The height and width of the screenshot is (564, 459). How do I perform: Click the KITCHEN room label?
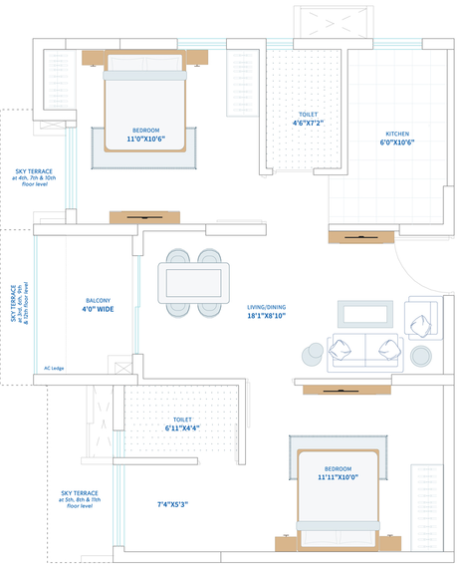click(397, 134)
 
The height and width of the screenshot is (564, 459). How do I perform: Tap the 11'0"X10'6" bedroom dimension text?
click(146, 139)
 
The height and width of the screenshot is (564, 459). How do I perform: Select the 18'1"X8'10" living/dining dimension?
click(267, 316)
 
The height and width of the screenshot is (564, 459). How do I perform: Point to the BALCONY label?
click(99, 301)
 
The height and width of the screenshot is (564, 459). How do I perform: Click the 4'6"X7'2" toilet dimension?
click(308, 123)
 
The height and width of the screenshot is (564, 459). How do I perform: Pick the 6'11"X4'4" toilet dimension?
click(182, 428)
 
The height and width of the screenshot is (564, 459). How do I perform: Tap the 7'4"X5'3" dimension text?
click(172, 504)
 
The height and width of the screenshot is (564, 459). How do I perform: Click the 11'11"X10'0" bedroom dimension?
click(338, 477)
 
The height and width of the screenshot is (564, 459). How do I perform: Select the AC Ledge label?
click(54, 369)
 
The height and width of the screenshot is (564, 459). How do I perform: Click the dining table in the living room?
click(194, 283)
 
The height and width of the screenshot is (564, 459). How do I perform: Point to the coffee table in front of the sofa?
click(365, 314)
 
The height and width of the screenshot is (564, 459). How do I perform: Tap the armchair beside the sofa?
click(423, 318)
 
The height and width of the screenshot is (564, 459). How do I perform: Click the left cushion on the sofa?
click(340, 350)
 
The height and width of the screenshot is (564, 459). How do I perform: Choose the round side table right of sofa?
click(421, 356)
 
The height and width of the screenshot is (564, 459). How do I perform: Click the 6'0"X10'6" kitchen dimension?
click(397, 142)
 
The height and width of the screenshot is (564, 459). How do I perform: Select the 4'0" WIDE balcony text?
click(98, 309)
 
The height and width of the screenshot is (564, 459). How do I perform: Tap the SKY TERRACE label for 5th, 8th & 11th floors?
click(80, 499)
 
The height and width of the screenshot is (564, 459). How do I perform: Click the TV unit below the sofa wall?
click(346, 390)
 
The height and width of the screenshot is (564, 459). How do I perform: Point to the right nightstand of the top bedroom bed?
click(197, 58)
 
